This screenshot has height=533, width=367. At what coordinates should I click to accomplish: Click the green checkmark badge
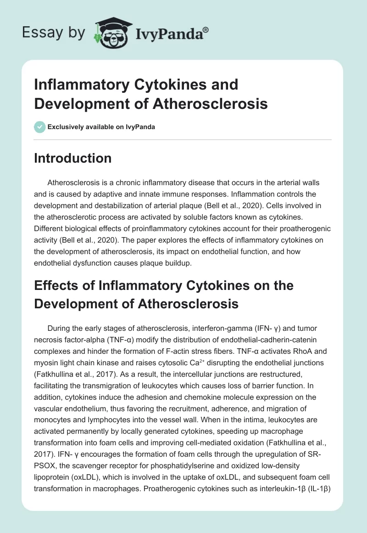40,127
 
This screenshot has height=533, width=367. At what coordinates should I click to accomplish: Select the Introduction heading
72,158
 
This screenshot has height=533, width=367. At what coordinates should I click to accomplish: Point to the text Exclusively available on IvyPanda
101,127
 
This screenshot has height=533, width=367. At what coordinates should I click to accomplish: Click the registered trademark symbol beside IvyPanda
206,29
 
